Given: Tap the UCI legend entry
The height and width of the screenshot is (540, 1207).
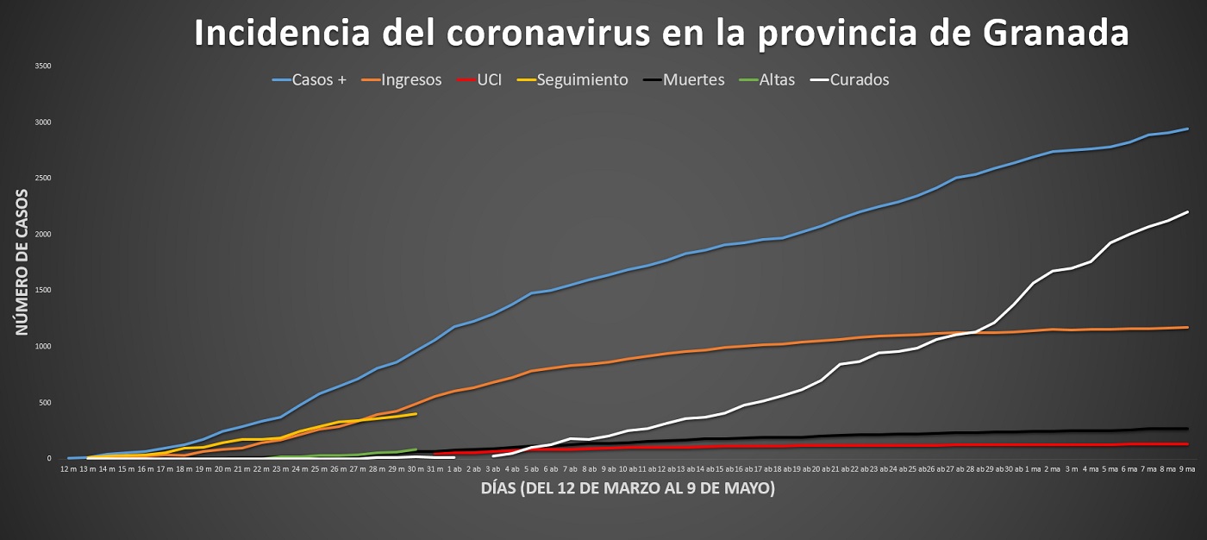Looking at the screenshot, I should (489, 80).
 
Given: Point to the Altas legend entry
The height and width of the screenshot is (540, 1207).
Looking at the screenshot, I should (777, 80).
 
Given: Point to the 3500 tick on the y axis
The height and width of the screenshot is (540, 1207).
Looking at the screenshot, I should (43, 66).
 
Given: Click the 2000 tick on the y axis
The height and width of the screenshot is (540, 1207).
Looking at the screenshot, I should (43, 235).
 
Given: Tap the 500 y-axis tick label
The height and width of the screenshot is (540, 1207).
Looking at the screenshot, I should (45, 403).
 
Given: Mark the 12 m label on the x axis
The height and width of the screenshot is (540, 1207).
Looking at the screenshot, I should (70, 468).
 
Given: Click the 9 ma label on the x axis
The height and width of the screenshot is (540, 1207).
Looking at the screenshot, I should (1187, 468).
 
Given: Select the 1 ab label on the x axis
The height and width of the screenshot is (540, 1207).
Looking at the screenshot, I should (455, 468).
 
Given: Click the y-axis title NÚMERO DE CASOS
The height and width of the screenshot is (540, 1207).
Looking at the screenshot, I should (22, 262).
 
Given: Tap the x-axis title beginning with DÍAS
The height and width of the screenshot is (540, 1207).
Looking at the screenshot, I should (627, 489).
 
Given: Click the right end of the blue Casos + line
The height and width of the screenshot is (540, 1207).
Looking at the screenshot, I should (1188, 129).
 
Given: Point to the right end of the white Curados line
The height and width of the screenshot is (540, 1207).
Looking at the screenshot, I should (1188, 211).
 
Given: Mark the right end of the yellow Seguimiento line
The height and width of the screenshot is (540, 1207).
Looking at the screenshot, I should (416, 414).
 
